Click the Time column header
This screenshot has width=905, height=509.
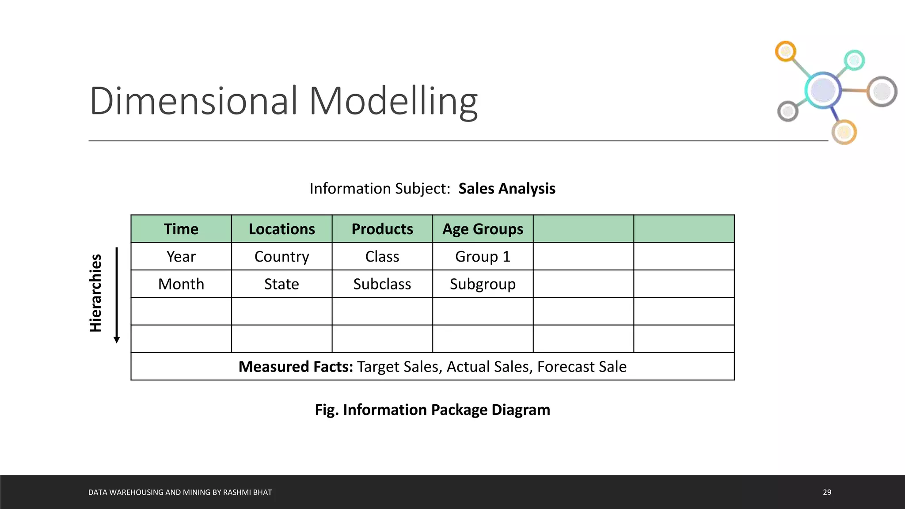click(x=181, y=229)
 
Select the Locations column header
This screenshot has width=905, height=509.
click(x=281, y=229)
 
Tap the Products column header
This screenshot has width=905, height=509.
click(x=382, y=229)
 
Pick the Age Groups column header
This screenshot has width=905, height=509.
click(x=483, y=229)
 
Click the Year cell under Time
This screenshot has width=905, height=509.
click(x=181, y=256)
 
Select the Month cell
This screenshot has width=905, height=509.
click(x=181, y=284)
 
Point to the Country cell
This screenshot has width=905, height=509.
click(x=281, y=256)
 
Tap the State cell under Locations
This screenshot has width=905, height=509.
click(x=281, y=284)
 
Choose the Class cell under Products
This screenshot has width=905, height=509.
click(x=382, y=256)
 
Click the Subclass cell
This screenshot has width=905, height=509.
click(x=382, y=284)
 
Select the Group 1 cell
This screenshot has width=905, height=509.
click(x=483, y=256)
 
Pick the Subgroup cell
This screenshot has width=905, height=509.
click(x=483, y=284)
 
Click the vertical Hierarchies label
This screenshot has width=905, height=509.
click(x=95, y=293)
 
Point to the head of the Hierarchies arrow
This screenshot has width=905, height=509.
click(x=117, y=340)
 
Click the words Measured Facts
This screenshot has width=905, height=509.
click(x=296, y=367)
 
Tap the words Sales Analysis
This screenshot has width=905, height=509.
click(x=507, y=189)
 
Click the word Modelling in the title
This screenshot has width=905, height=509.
click(x=393, y=101)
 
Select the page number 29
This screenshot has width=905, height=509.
click(x=827, y=492)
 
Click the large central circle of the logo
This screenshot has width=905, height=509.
click(x=823, y=90)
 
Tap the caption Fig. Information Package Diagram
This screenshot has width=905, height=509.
click(x=432, y=410)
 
